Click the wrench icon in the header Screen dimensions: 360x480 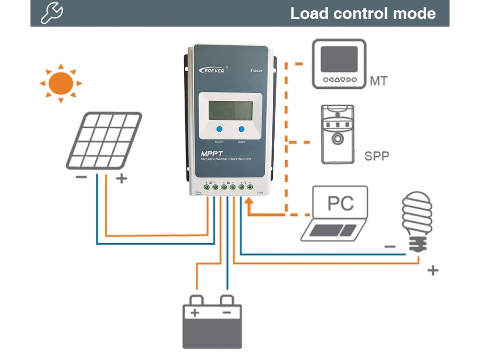[x=52, y=13]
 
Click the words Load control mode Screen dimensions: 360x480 [x=363, y=13]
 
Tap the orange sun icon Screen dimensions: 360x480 [x=60, y=83]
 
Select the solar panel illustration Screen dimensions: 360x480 [x=104, y=140]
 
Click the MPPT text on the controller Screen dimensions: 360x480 [x=213, y=153]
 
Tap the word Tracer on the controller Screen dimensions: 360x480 [x=256, y=71]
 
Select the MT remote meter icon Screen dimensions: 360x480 [x=339, y=63]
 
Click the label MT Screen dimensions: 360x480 [x=379, y=81]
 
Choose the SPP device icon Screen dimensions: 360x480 [x=337, y=135]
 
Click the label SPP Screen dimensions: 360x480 [x=377, y=156]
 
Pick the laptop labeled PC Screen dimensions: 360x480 [x=335, y=213]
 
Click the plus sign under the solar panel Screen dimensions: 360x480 [x=121, y=179]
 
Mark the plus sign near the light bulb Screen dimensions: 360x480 [x=433, y=270]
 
